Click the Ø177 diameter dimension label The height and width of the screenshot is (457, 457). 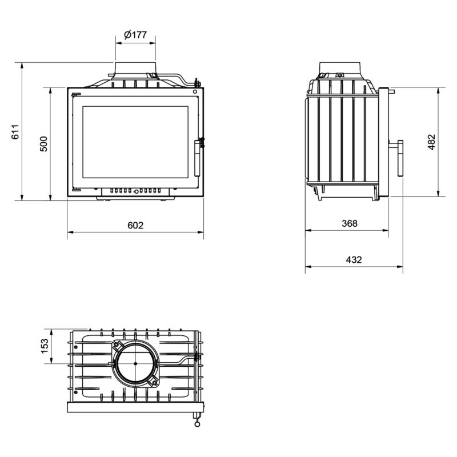click(x=135, y=35)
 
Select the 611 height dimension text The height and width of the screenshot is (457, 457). click(x=15, y=132)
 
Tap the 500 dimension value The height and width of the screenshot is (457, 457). click(x=43, y=144)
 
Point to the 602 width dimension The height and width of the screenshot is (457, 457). click(x=135, y=225)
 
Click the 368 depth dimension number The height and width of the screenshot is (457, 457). click(x=350, y=223)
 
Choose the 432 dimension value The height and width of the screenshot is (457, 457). click(x=354, y=259)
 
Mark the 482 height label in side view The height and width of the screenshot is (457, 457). click(x=432, y=142)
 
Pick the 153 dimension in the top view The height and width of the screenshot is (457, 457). click(x=45, y=346)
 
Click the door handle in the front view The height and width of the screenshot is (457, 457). click(x=198, y=158)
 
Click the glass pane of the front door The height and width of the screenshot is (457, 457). click(x=135, y=142)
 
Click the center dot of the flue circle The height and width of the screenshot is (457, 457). click(x=135, y=363)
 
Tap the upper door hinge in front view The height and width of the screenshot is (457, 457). click(x=76, y=94)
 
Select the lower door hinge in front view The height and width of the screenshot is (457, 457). click(x=76, y=190)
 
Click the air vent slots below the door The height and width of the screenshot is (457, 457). click(x=135, y=191)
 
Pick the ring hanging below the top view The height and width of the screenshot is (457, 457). click(x=197, y=424)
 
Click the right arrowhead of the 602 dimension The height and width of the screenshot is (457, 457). click(x=201, y=232)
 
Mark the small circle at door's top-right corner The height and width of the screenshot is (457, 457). click(x=195, y=92)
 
